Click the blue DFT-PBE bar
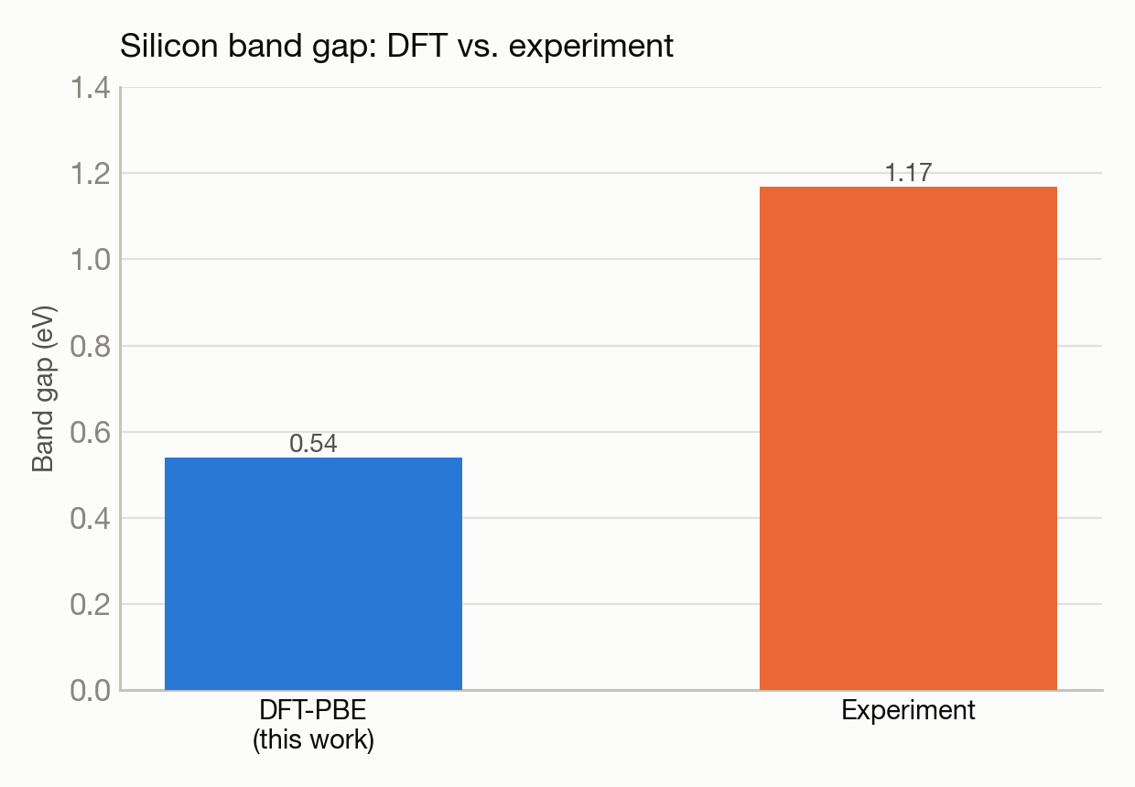click(313, 574)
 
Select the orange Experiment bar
click(908, 438)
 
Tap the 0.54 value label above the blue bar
click(313, 444)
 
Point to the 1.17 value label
click(908, 173)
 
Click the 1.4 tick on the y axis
click(91, 88)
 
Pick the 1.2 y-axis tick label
click(91, 174)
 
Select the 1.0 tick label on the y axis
click(91, 260)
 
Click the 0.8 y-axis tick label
click(91, 347)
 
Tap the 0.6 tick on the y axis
click(91, 433)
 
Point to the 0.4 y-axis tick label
click(91, 519)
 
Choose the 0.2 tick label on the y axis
click(91, 605)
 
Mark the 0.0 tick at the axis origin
click(91, 690)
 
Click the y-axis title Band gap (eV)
click(44, 389)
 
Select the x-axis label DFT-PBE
click(313, 710)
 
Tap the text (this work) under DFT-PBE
click(313, 740)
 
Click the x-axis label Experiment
click(908, 711)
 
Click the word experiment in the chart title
click(590, 47)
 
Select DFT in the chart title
click(417, 46)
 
